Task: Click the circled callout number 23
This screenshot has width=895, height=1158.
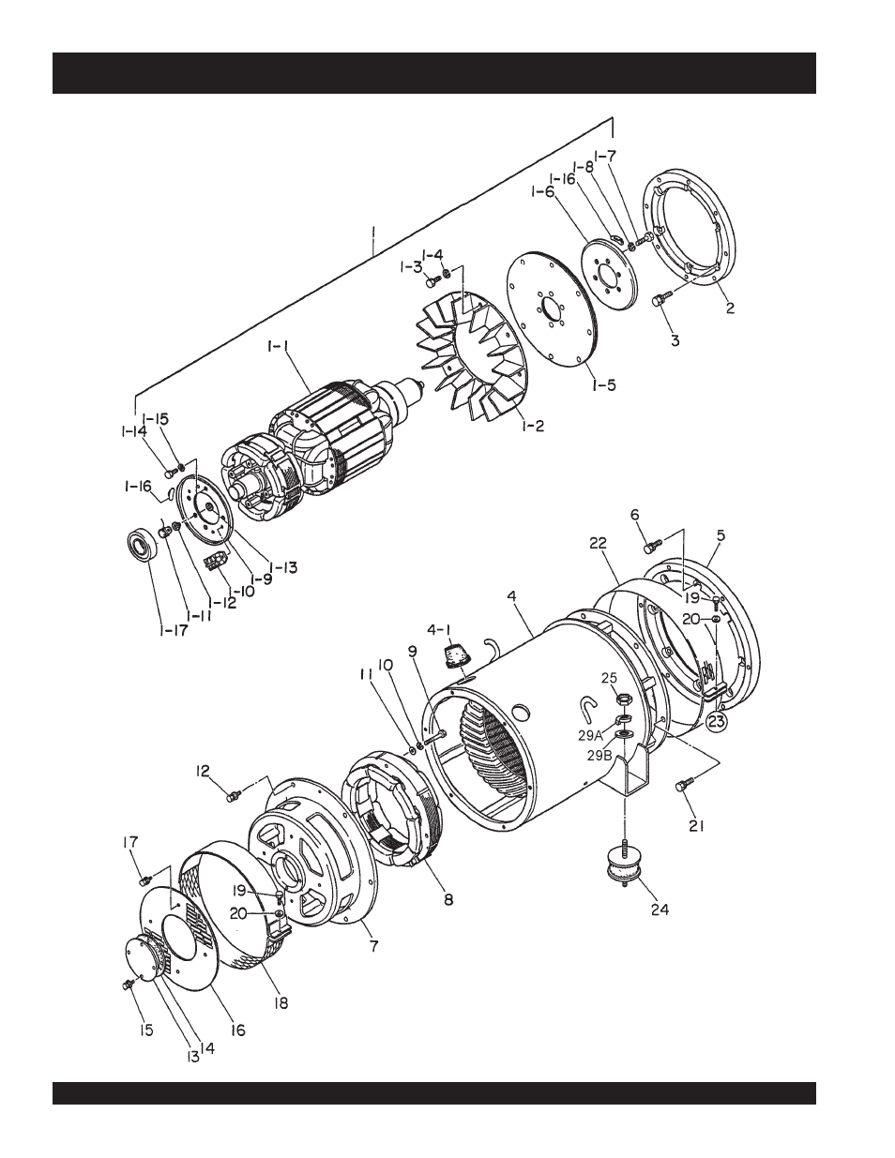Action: [717, 722]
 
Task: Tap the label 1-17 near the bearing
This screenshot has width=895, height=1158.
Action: [174, 630]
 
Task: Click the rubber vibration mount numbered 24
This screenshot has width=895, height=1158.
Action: [624, 867]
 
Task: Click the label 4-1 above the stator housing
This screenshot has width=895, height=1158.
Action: [442, 630]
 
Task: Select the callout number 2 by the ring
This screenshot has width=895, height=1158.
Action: [730, 308]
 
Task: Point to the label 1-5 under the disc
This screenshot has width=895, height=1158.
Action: [603, 384]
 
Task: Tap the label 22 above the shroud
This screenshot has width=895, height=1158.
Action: [599, 543]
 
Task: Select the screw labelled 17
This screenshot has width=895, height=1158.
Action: [144, 880]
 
